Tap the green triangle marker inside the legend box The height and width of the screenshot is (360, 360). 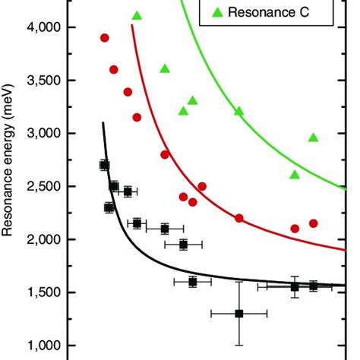point(217,11)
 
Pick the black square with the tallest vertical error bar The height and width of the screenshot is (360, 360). point(239,313)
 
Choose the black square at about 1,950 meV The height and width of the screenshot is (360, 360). point(184,245)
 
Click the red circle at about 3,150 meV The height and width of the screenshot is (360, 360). point(137,117)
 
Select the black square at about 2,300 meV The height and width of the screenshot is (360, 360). point(109,207)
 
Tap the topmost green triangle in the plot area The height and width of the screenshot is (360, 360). point(137,16)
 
